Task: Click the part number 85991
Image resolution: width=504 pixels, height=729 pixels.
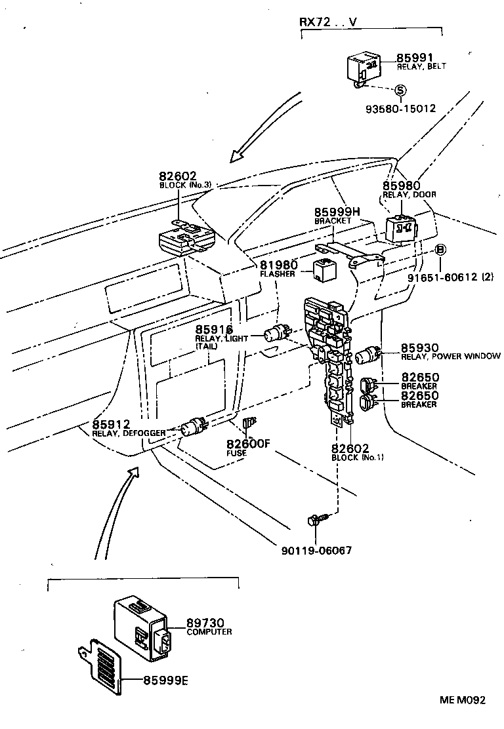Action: click(415, 58)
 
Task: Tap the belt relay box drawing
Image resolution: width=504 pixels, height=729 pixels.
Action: click(363, 66)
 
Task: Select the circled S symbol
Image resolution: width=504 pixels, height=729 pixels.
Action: click(400, 90)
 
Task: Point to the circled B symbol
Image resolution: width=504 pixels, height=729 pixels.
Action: click(441, 249)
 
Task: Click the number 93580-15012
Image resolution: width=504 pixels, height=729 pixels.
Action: click(400, 109)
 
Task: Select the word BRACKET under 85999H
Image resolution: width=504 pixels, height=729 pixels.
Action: click(332, 221)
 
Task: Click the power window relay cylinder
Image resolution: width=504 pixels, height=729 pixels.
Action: click(367, 356)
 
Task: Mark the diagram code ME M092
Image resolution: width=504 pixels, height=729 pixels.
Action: click(463, 700)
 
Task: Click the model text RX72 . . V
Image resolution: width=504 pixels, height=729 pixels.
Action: click(328, 21)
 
